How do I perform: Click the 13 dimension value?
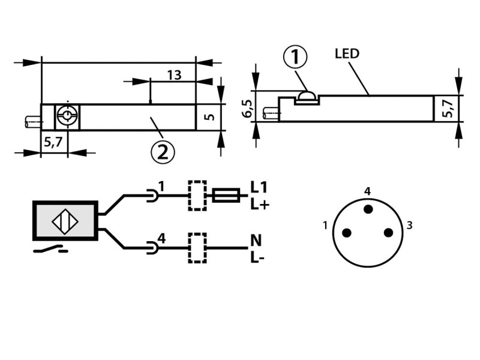tap(174, 75)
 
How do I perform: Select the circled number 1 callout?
tap(295, 56)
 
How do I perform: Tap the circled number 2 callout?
tap(163, 152)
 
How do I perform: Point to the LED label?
tap(347, 53)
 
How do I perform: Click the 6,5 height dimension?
tap(247, 109)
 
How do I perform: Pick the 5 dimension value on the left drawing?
tap(209, 117)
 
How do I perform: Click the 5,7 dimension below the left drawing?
tap(53, 142)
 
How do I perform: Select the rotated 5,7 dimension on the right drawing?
tap(448, 109)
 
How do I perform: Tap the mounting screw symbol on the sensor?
tap(67, 116)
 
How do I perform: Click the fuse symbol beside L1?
tap(226, 195)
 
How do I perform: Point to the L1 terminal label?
tap(259, 187)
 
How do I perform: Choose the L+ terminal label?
tap(260, 204)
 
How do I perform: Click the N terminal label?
tap(256, 241)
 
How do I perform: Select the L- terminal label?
tap(257, 257)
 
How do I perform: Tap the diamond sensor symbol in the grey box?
tap(65, 221)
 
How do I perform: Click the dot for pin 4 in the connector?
tap(368, 209)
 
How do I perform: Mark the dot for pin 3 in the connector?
tap(388, 233)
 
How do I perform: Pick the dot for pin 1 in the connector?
tap(347, 233)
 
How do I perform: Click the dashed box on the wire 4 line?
tap(197, 248)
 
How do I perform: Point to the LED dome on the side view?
tap(307, 95)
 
